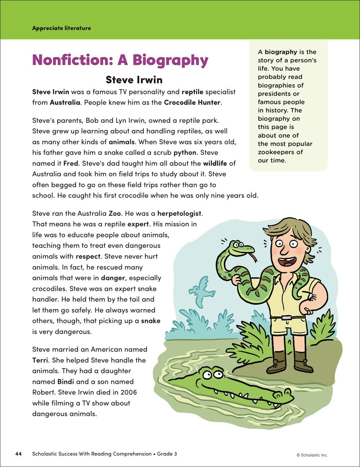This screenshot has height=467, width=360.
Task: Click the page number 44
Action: click(18, 454)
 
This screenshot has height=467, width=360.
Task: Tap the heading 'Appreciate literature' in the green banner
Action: click(62, 28)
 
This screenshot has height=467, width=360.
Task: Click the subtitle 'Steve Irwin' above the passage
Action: click(134, 80)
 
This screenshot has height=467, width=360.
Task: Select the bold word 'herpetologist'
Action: click(180, 213)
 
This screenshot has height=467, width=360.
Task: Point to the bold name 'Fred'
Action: click(71, 163)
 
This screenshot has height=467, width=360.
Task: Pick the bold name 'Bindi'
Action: click(66, 381)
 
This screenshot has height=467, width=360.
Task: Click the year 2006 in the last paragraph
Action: click(129, 392)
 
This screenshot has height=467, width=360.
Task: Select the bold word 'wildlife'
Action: click(215, 163)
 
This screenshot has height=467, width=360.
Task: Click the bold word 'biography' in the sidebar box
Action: click(281, 52)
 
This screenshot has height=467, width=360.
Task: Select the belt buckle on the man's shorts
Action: click(287, 318)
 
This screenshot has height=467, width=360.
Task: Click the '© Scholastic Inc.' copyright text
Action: click(312, 455)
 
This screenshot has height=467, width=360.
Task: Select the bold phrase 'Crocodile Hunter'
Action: click(192, 102)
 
